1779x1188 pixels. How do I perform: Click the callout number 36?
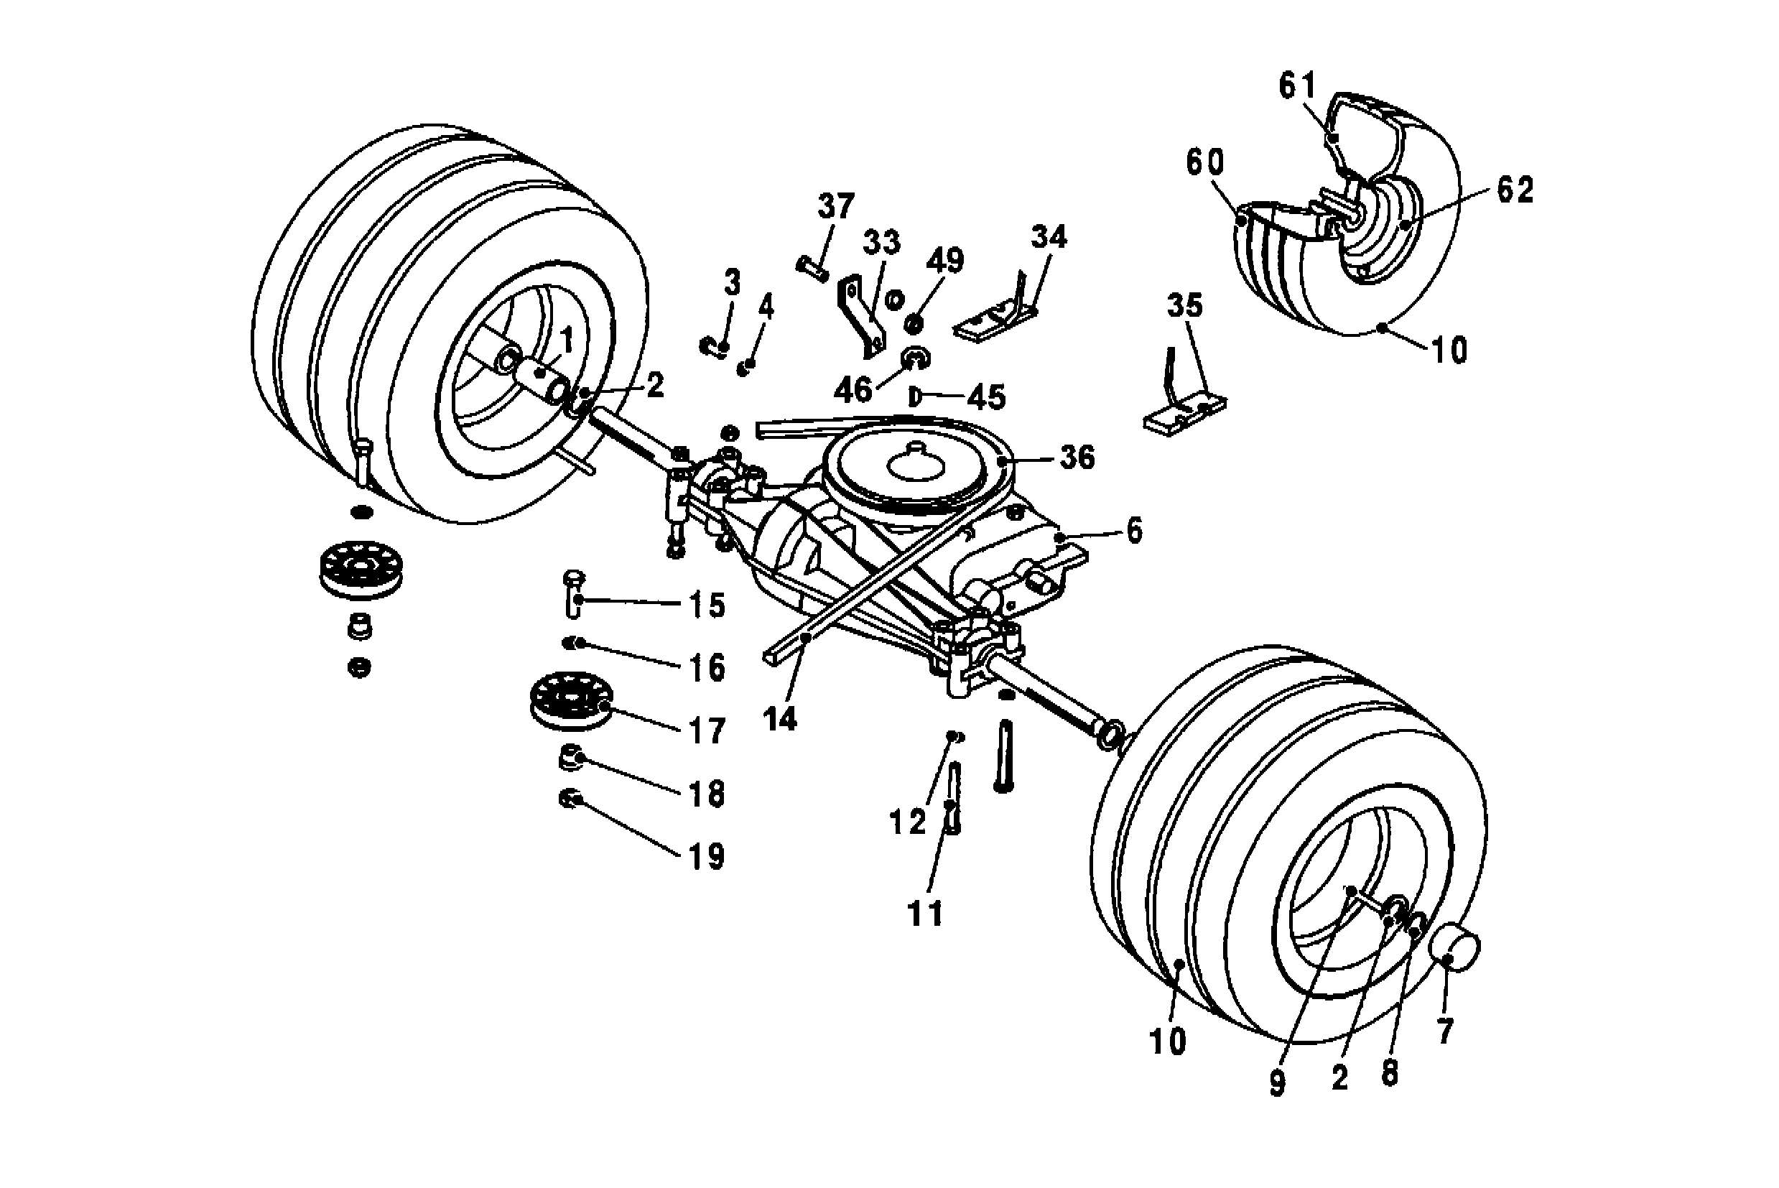pos(1077,458)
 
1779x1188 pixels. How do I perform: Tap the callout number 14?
pos(781,718)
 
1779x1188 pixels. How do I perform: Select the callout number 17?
pos(706,731)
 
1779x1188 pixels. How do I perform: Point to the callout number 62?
pos(1515,190)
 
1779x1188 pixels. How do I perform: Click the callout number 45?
pos(987,397)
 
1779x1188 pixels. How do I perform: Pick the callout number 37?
pos(837,207)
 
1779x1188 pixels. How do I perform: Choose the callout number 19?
pos(706,856)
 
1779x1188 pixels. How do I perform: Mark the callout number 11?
pos(924,914)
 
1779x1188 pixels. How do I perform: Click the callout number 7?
pos(1445,1031)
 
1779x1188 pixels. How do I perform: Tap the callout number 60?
pos(1204,162)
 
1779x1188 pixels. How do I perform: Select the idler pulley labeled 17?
pos(569,701)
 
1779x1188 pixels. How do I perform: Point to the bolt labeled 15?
pos(574,595)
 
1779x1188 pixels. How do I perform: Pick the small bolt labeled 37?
pos(812,266)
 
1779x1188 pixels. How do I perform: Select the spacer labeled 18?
pos(570,757)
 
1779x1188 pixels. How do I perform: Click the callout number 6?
pos(1134,531)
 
